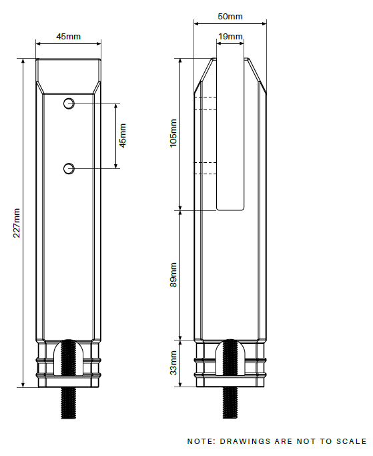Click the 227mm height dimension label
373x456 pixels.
[x=17, y=223]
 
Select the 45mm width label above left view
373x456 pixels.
[x=68, y=37]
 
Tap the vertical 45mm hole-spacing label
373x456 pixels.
[x=123, y=136]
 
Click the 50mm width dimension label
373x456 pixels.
[x=230, y=17]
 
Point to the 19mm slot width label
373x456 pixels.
[x=230, y=37]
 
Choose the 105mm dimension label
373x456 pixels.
[x=173, y=133]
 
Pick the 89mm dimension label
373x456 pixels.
[x=173, y=274]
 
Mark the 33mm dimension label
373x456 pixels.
[x=173, y=363]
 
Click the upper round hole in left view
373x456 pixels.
[x=69, y=103]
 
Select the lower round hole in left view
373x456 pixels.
[x=69, y=169]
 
